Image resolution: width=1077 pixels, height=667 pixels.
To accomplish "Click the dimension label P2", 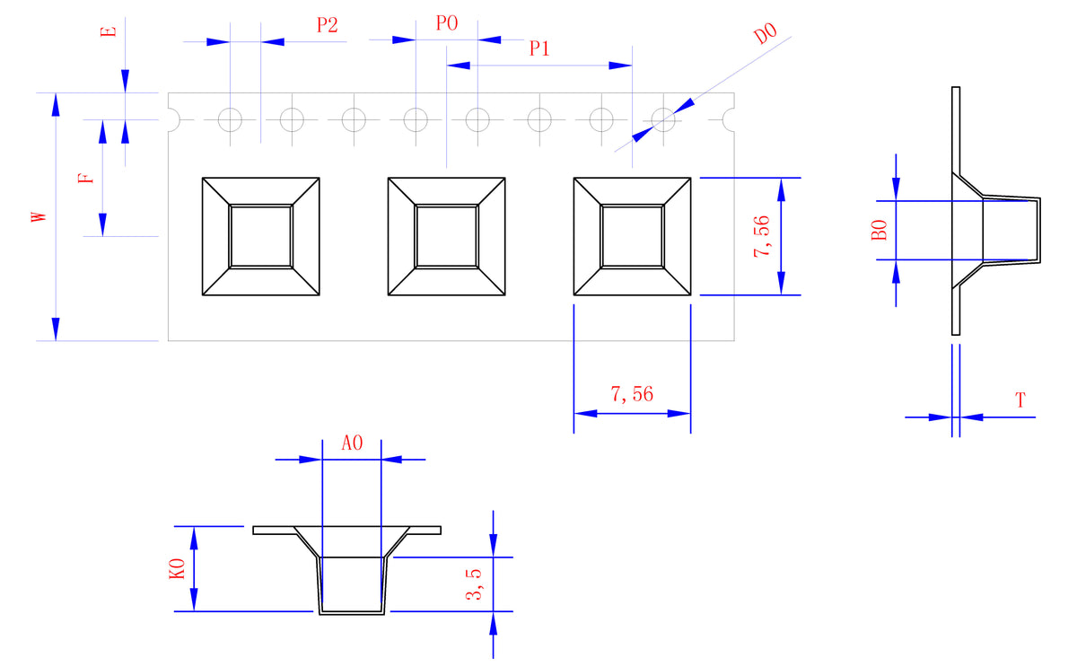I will [327, 25].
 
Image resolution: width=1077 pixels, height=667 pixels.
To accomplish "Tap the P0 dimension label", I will [447, 23].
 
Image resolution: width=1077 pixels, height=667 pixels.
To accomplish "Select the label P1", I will [539, 49].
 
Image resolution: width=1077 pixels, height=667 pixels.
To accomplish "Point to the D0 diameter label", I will [765, 35].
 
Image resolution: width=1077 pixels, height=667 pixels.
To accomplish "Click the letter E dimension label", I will [109, 31].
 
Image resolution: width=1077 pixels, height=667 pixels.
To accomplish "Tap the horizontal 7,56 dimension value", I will [632, 394].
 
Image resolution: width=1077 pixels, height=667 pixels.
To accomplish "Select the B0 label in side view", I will [880, 230].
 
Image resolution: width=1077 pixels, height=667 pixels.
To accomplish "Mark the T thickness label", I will [1020, 400].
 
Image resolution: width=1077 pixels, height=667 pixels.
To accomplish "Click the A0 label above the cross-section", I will [352, 443].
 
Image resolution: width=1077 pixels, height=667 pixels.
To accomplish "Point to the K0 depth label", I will [177, 568].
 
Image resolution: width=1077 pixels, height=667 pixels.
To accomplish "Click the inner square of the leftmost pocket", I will [261, 236].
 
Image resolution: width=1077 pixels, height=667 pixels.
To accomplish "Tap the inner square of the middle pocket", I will [446, 236].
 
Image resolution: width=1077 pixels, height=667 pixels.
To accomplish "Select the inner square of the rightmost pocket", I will [632, 236].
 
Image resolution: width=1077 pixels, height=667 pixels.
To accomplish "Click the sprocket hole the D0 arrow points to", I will [663, 119].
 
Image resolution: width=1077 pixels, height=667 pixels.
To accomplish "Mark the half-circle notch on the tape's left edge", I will [174, 119].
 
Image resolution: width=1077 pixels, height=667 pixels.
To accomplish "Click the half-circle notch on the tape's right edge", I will [729, 119].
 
